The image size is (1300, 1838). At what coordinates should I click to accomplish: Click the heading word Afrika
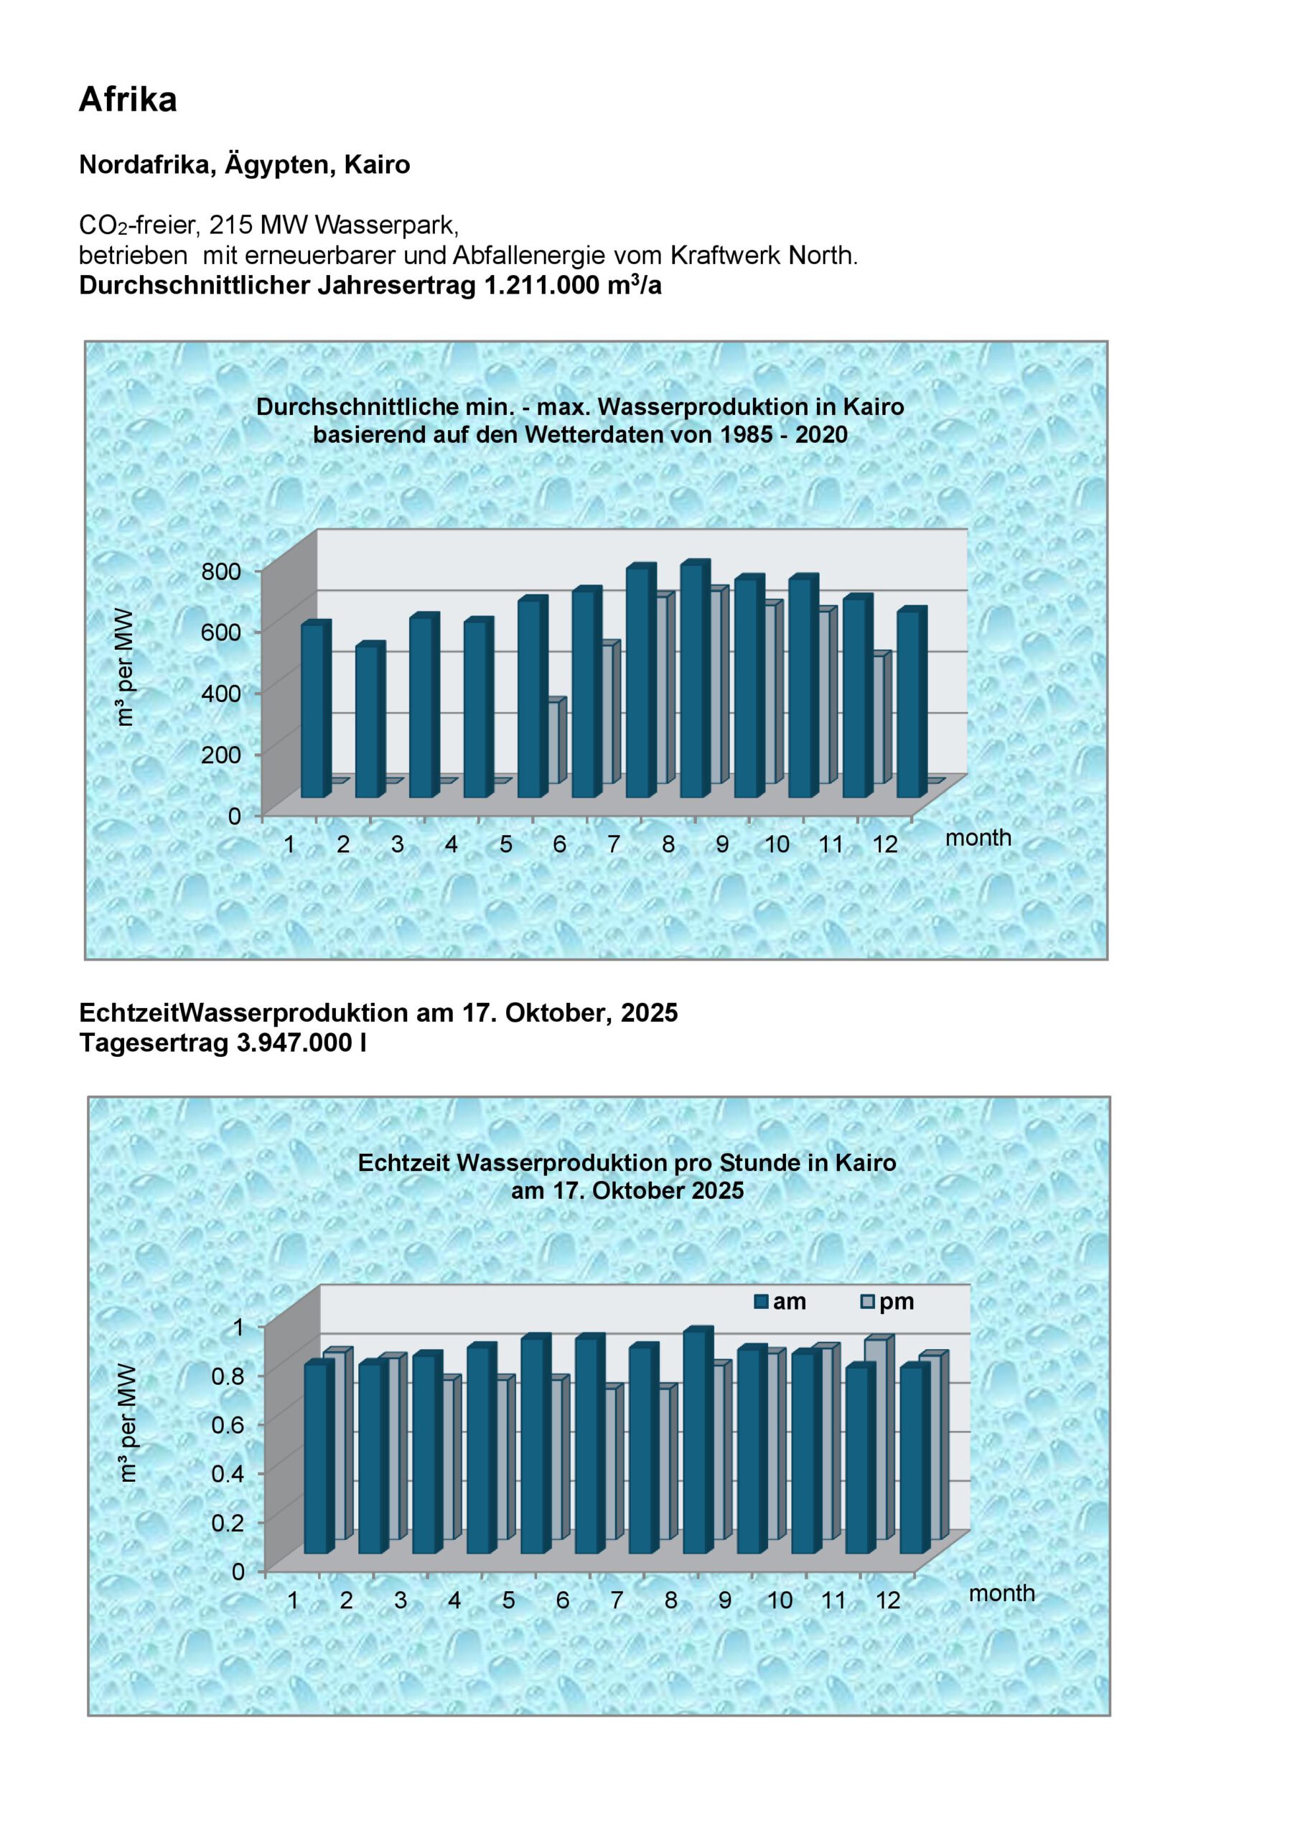coord(127,99)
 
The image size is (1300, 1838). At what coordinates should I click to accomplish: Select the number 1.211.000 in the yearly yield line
coord(542,286)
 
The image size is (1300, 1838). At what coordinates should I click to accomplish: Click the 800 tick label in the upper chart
coord(221,572)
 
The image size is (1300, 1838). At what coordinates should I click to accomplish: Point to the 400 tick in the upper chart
coord(221,694)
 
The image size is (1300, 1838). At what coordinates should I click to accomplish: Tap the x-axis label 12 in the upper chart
coord(884,844)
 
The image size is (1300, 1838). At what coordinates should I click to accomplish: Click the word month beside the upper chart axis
coord(978,838)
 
